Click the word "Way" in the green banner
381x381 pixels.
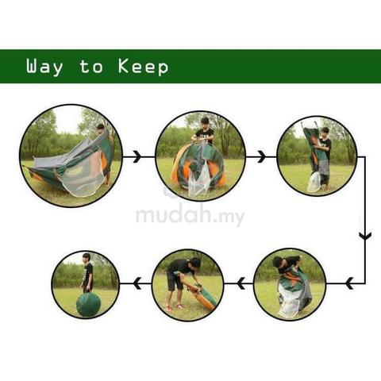44,67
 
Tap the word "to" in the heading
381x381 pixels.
91,67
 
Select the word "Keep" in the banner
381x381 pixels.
143,67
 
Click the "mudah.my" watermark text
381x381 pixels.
190,215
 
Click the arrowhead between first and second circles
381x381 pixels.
137,156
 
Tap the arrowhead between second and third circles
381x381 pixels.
261,156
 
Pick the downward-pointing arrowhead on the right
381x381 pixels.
365,235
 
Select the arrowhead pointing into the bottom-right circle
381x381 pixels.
349,283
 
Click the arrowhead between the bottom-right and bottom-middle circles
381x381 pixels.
241,283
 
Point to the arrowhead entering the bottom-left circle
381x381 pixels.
137,283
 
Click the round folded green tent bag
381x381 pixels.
88,305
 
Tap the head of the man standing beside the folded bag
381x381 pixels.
87,258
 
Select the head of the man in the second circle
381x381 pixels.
205,121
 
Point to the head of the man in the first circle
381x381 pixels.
101,128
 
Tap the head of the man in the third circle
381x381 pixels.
325,132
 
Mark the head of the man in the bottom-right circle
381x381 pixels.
277,262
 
